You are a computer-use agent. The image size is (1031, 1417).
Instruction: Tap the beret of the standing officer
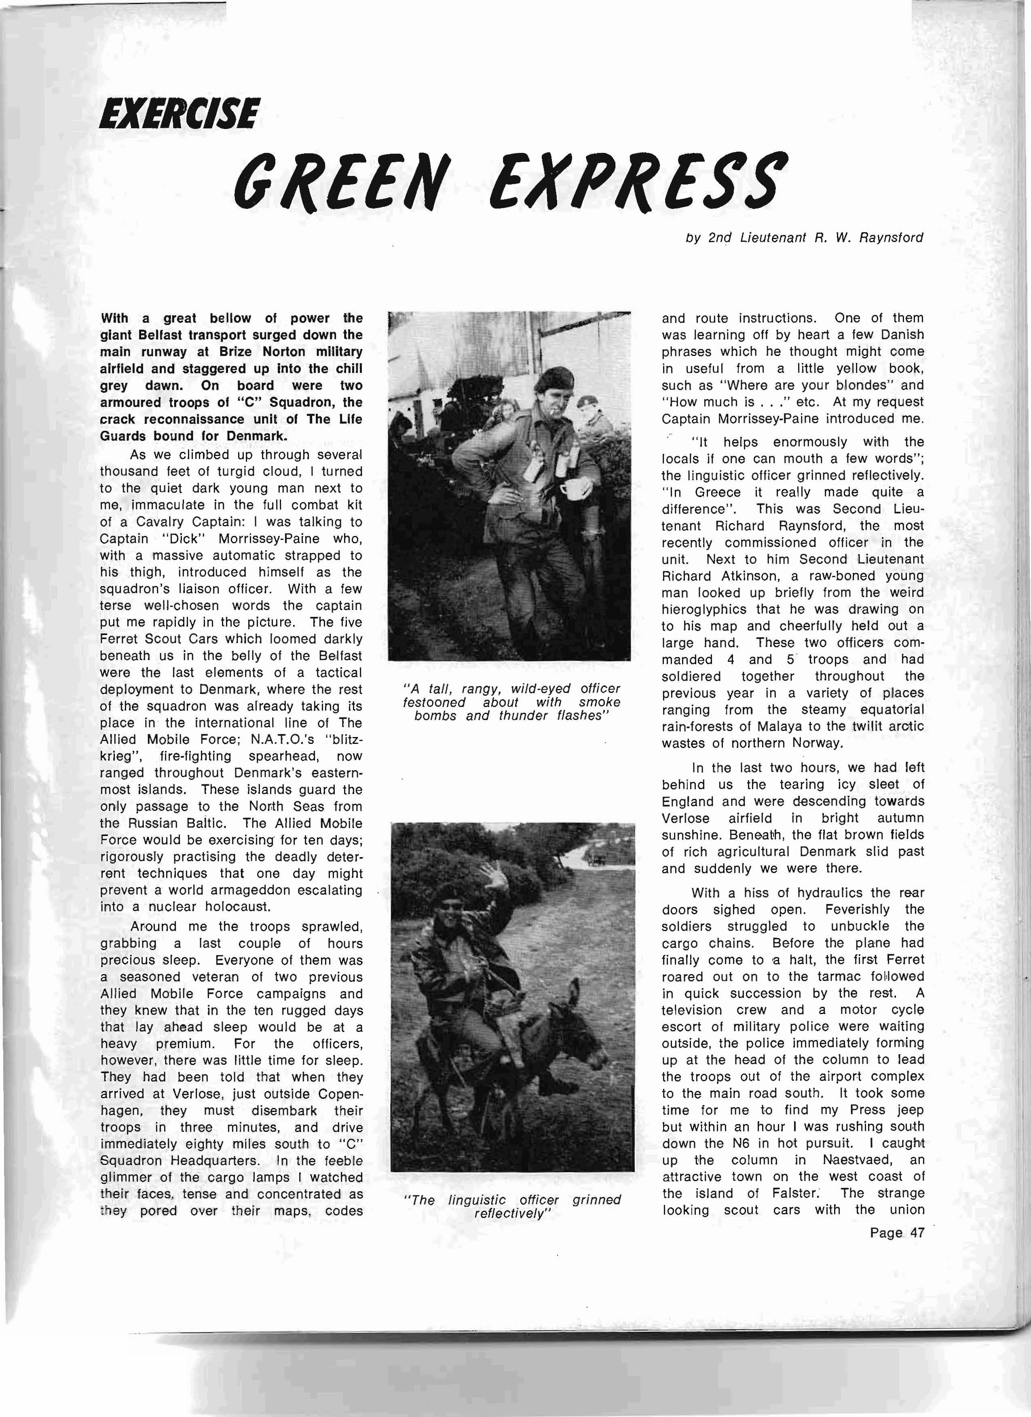click(549, 378)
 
